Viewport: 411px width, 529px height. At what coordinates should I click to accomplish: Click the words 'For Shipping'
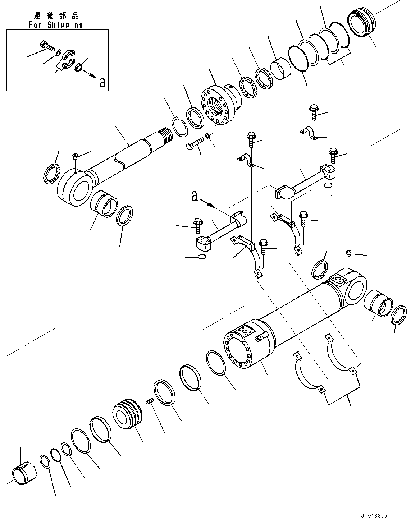[x=56, y=25]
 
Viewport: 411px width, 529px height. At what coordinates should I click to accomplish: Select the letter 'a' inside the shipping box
[x=102, y=83]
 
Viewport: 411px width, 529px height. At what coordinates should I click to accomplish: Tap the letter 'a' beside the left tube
[x=194, y=196]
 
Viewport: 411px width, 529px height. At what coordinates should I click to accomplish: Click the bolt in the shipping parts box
[x=46, y=46]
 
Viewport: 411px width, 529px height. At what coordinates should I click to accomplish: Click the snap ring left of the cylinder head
[x=179, y=126]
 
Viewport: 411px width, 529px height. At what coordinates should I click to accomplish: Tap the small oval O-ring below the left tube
[x=202, y=257]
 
